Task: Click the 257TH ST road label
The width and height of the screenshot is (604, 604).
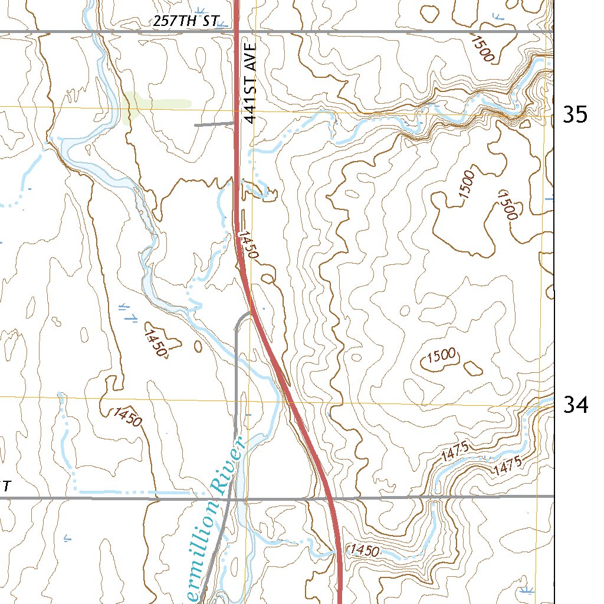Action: tap(185, 22)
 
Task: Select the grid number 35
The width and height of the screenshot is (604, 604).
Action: tap(575, 114)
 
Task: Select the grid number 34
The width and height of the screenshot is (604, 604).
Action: tap(575, 405)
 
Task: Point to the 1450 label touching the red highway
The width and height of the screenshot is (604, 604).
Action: tap(248, 245)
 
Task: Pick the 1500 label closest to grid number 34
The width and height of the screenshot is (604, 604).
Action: tap(442, 355)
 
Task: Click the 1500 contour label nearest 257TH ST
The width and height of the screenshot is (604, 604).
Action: tap(482, 48)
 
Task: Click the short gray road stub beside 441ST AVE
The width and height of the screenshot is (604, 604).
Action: tap(214, 124)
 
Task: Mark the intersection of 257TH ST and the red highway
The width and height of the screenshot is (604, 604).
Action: tap(237, 31)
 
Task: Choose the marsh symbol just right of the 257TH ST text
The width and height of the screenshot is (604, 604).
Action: tap(222, 25)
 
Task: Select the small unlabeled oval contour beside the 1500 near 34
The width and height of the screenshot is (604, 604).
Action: tap(473, 368)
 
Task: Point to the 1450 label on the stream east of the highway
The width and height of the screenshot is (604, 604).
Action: tap(363, 551)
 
